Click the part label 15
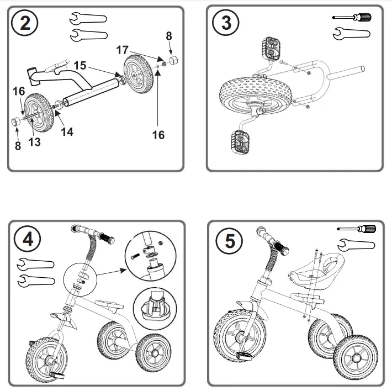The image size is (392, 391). pyautogui.click(x=80, y=65)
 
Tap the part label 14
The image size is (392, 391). pyautogui.click(x=67, y=132)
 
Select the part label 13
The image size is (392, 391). pyautogui.click(x=34, y=143)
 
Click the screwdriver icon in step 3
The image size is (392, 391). pyautogui.click(x=354, y=18)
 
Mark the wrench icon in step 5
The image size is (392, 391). pyautogui.click(x=356, y=244)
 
